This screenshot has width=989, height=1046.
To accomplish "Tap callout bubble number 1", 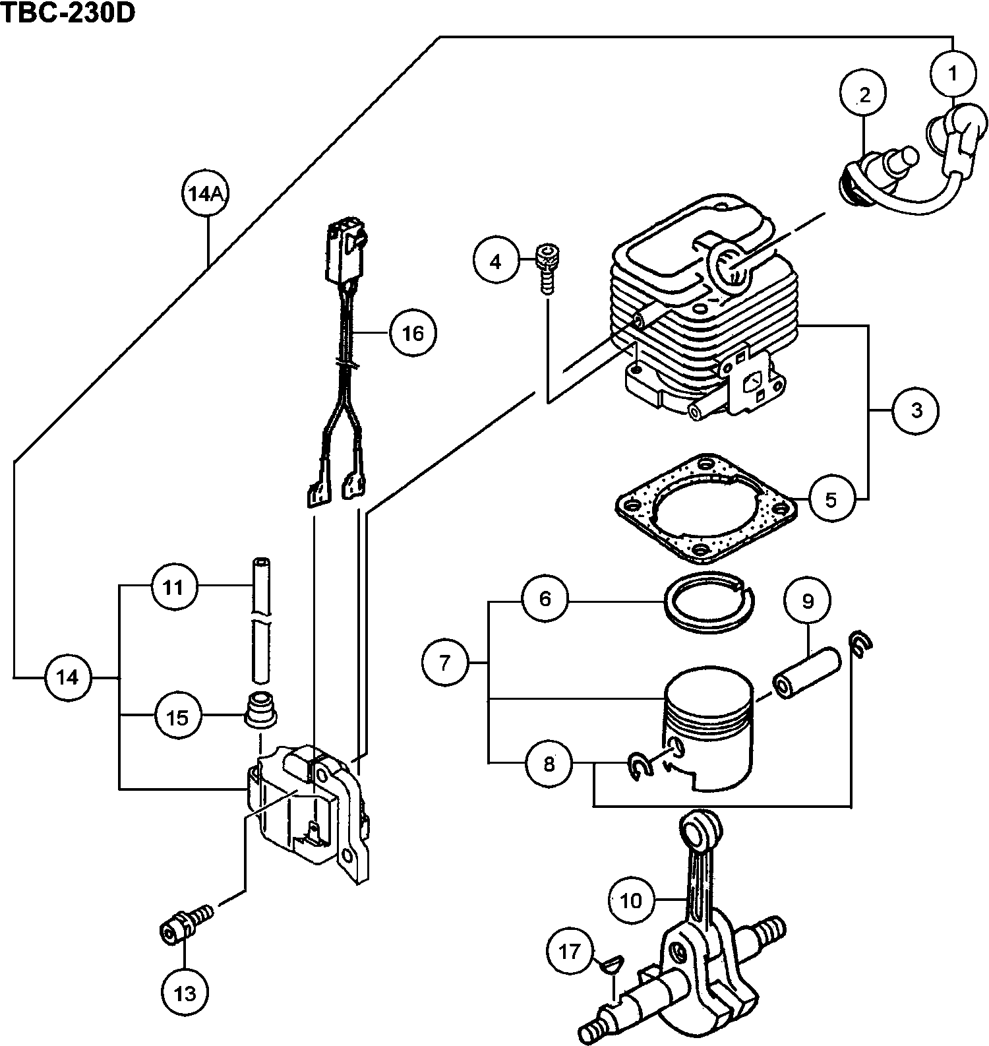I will coord(951,74).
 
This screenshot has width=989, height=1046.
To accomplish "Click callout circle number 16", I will coord(413,333).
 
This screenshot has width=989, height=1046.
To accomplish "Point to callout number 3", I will coord(916,410).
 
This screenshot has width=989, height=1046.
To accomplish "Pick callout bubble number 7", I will coord(445,661).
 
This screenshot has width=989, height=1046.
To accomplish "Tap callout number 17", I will coord(570,952).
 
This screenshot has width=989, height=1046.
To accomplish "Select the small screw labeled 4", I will coord(548,264).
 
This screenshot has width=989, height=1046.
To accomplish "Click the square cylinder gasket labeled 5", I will coord(705,510).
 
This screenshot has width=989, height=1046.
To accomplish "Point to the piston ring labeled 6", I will coord(710,601).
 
